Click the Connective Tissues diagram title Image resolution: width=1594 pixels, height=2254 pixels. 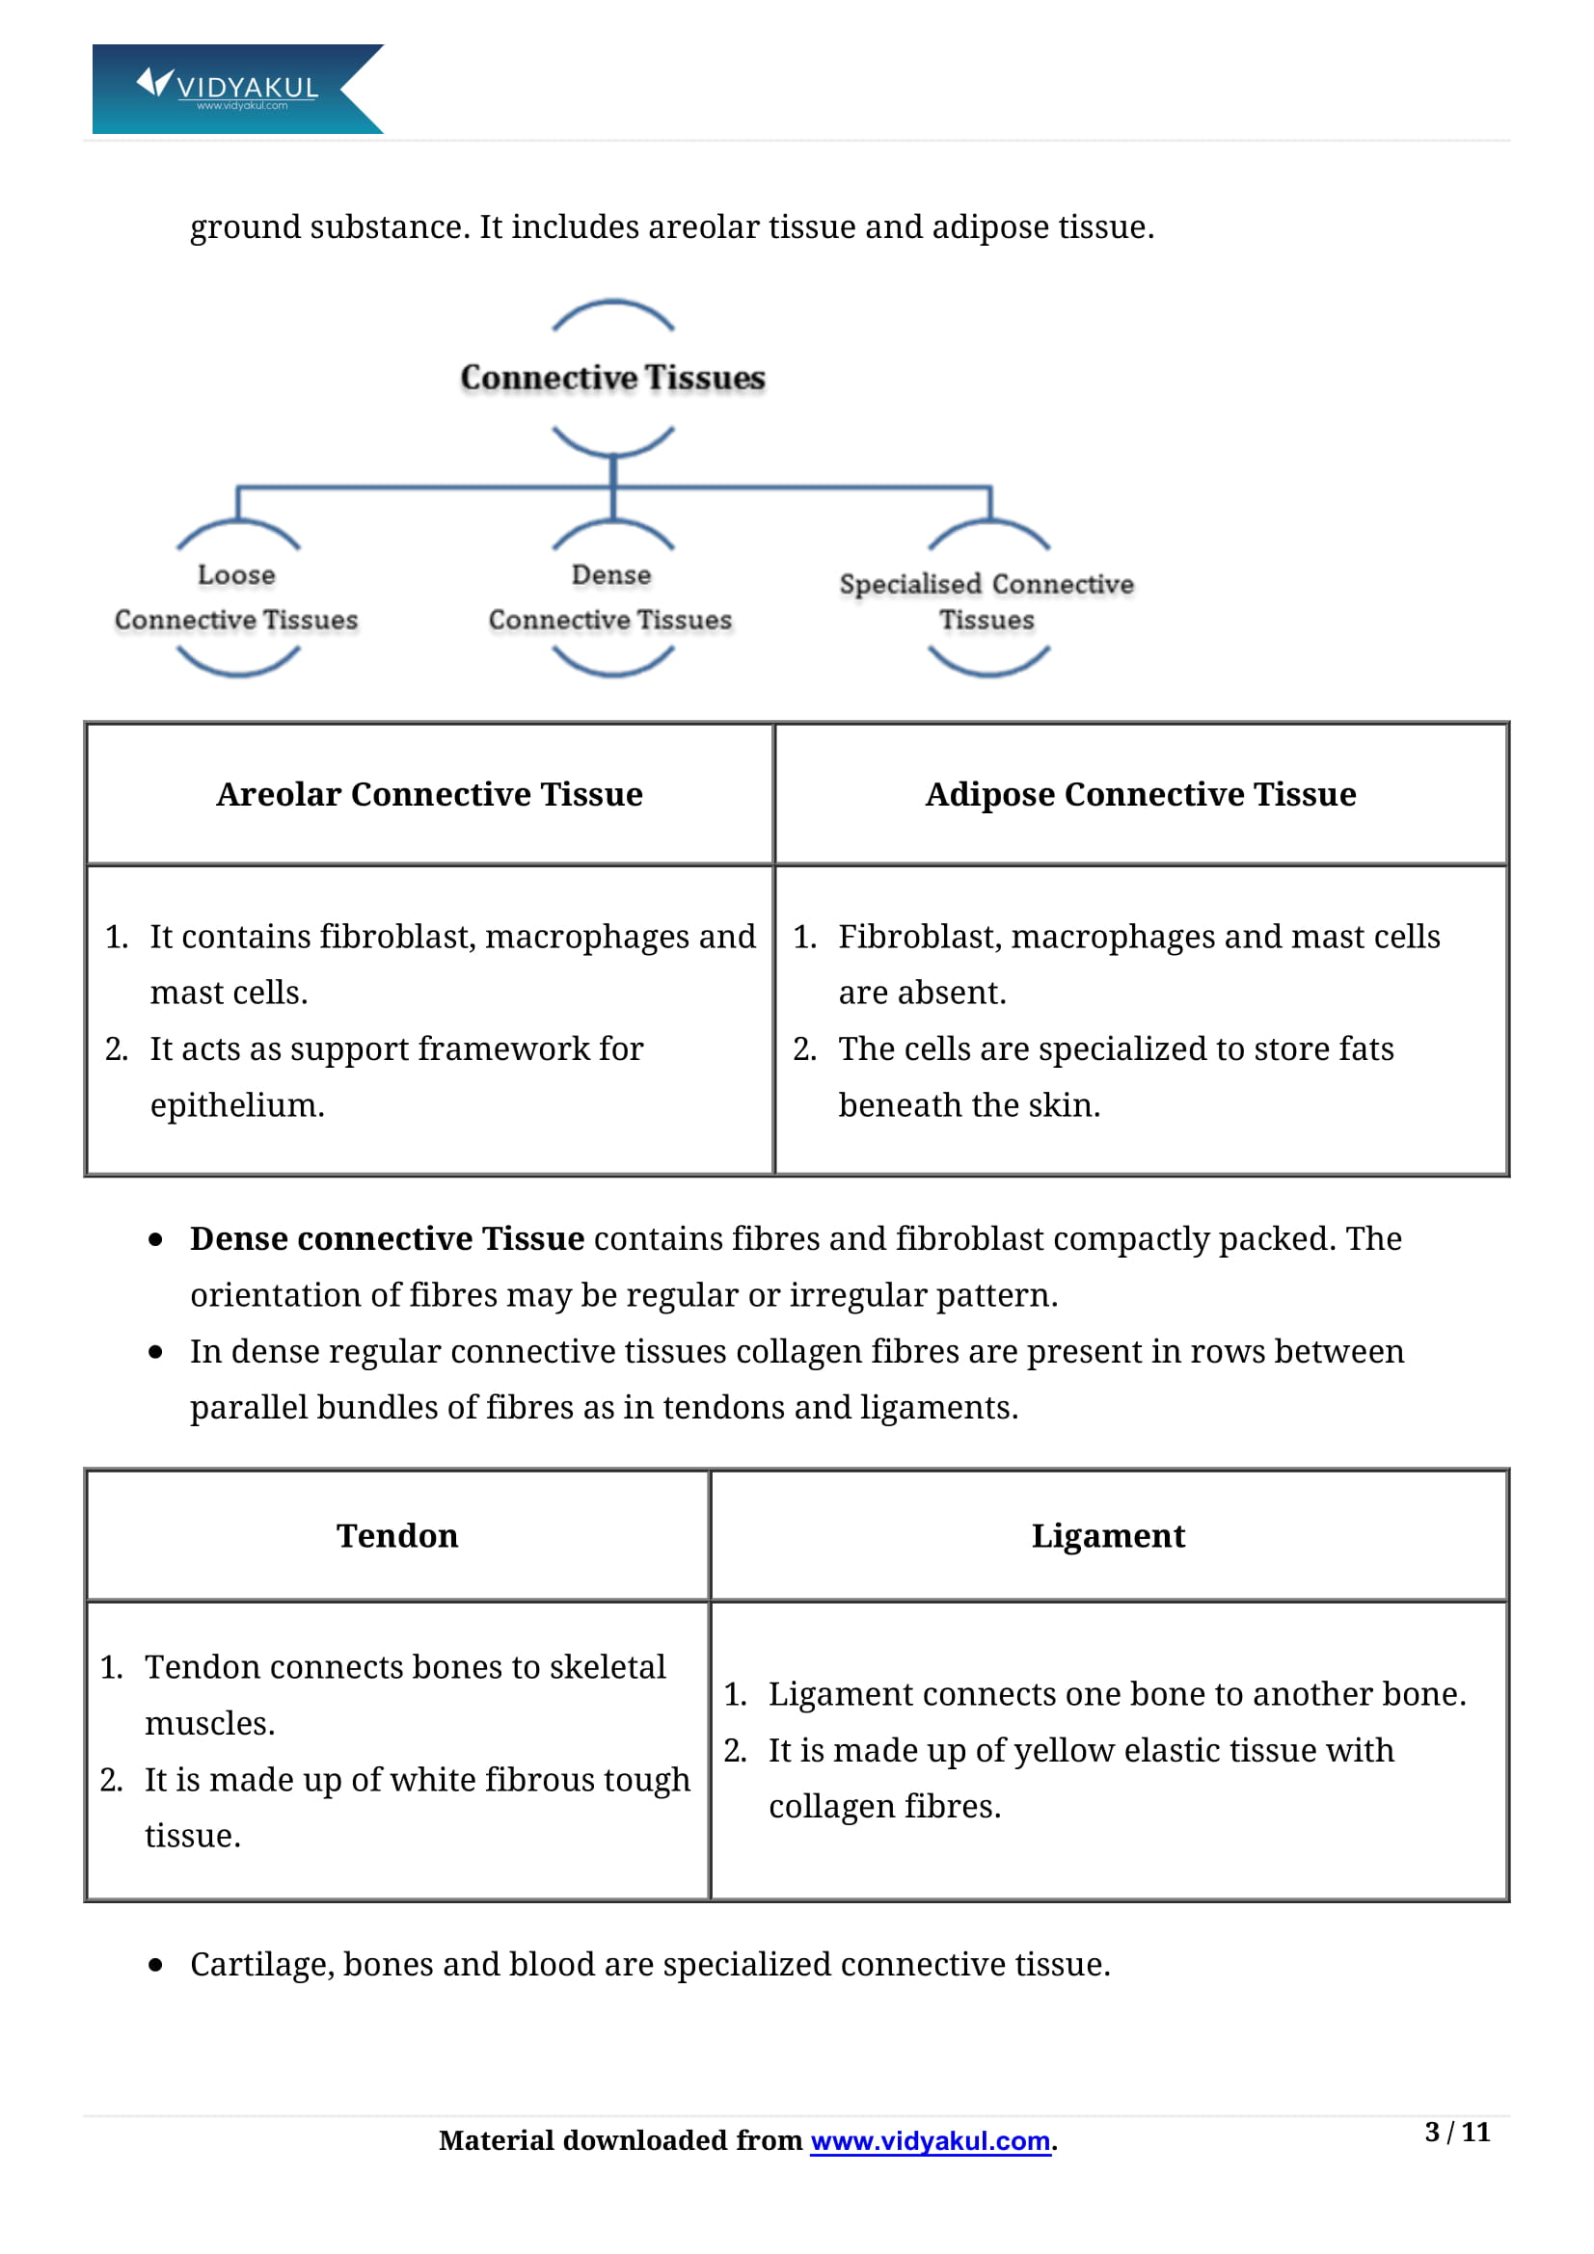612,378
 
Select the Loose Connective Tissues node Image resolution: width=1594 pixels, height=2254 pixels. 235,597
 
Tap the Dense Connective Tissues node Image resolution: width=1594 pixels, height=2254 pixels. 610,597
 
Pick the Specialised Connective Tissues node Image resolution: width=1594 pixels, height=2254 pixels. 986,601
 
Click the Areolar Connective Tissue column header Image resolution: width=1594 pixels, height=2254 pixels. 429,794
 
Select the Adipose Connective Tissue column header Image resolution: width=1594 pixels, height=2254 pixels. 1140,794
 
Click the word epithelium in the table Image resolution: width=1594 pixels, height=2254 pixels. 235,1106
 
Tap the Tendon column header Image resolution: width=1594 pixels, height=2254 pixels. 396,1535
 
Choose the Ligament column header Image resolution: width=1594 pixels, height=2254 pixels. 1108,1535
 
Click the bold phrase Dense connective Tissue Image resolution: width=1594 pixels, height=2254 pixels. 387,1239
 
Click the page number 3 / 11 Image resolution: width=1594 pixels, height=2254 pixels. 1456,2133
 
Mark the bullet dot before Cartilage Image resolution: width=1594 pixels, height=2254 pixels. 155,1965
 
